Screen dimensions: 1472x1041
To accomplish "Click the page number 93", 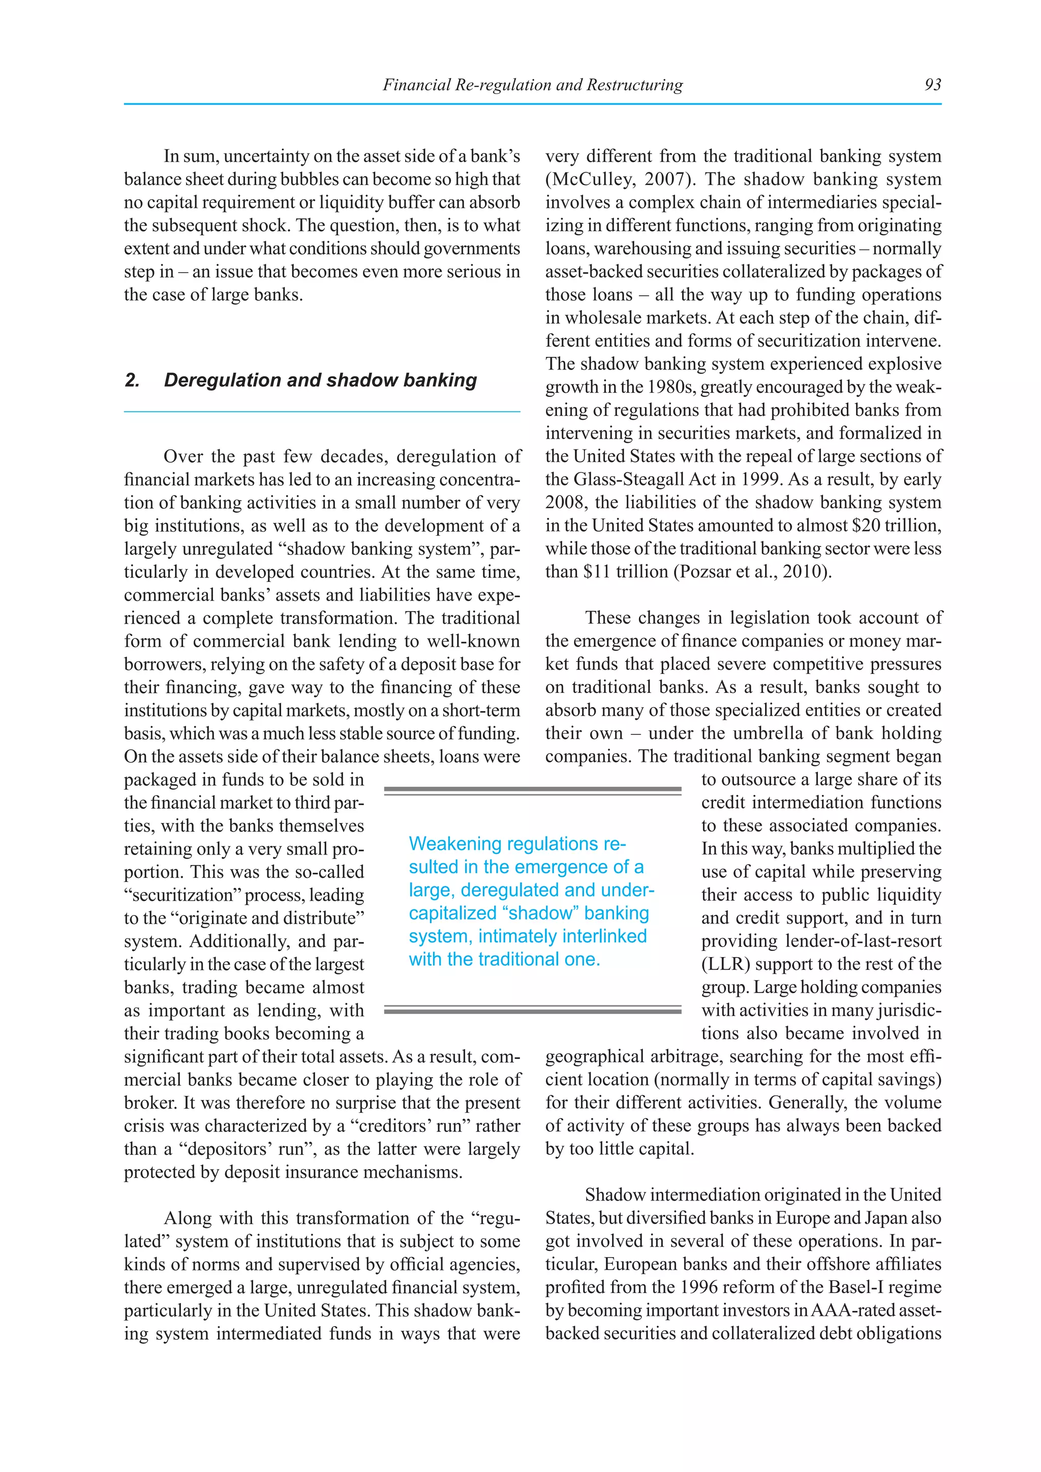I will click(932, 84).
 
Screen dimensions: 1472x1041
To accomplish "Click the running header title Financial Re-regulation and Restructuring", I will click(532, 84).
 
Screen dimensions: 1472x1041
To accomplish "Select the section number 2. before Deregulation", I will click(132, 380).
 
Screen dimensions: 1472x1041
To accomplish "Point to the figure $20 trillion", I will click(896, 526).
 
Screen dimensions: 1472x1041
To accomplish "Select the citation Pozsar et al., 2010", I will click(751, 572).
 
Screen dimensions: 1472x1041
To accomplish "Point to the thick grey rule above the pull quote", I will click(532, 790).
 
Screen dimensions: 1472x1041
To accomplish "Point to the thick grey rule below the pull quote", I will click(532, 1011).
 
